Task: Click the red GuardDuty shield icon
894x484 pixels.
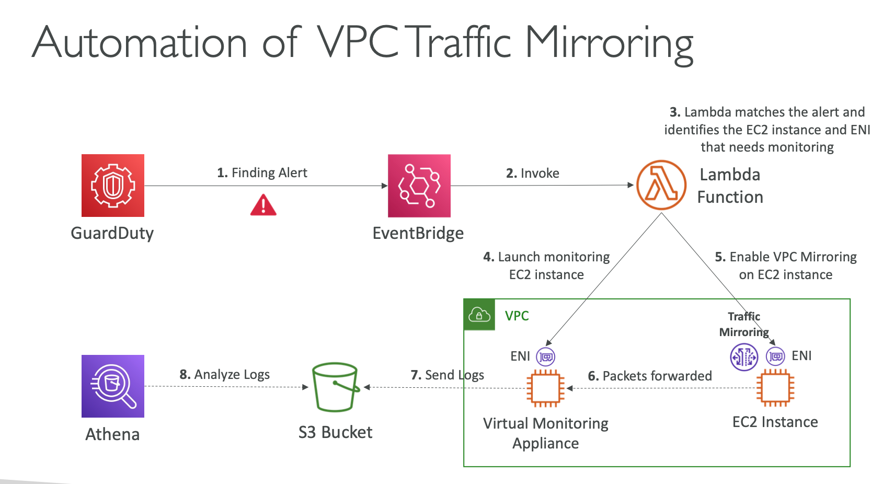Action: [113, 186]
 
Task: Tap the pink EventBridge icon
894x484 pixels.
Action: [419, 186]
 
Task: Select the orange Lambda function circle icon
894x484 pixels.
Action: [661, 185]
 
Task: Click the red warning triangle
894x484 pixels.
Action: [263, 205]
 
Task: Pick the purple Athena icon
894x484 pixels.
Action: [113, 386]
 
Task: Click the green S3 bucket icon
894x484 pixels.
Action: [335, 387]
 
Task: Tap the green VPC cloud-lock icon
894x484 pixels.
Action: [479, 315]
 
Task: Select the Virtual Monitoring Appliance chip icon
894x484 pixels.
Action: [545, 388]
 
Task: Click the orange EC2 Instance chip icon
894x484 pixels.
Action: [775, 388]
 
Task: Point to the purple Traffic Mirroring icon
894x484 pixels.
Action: [743, 357]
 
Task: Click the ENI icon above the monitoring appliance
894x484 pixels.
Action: [546, 357]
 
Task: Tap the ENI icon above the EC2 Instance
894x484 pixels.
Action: [775, 356]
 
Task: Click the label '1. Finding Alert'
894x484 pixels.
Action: [262, 172]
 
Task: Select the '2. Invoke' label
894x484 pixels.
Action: [532, 173]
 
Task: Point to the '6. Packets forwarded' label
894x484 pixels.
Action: [650, 376]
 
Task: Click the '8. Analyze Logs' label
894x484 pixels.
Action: [224, 374]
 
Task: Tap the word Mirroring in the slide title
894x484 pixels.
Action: [609, 43]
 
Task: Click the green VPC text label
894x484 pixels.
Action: [517, 316]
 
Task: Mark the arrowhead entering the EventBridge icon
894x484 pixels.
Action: [385, 186]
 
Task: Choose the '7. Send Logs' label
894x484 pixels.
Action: [447, 375]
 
